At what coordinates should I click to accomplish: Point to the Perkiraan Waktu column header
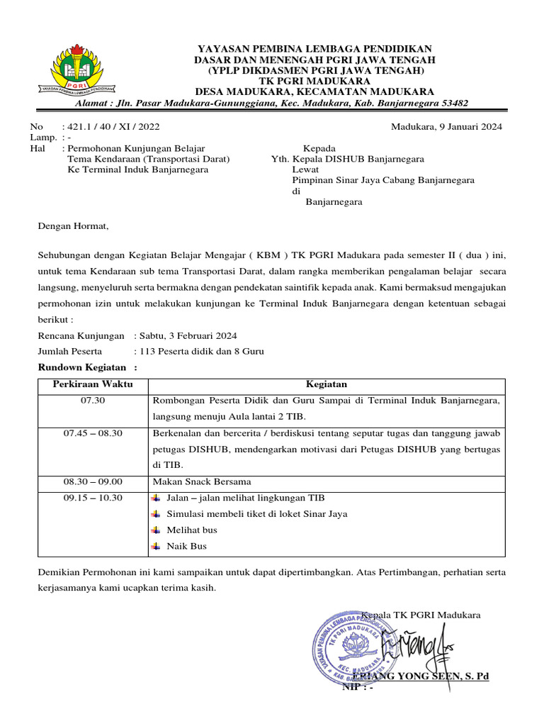pyautogui.click(x=92, y=384)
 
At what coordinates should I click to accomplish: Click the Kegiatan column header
pyautogui.click(x=326, y=384)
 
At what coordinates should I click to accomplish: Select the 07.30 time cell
pyautogui.click(x=92, y=401)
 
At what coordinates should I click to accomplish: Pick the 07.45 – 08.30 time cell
pyautogui.click(x=92, y=433)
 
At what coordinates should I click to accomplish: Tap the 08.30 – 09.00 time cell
pyautogui.click(x=92, y=481)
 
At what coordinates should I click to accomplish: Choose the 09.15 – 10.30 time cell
pyautogui.click(x=92, y=498)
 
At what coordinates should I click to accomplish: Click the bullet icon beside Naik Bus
pyautogui.click(x=156, y=547)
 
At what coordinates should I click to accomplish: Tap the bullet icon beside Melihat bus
pyautogui.click(x=156, y=530)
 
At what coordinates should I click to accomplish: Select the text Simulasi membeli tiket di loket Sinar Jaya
pyautogui.click(x=256, y=514)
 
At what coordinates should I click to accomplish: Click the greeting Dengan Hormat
pyautogui.click(x=74, y=226)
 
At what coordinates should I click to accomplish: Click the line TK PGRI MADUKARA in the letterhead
pyautogui.click(x=315, y=81)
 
